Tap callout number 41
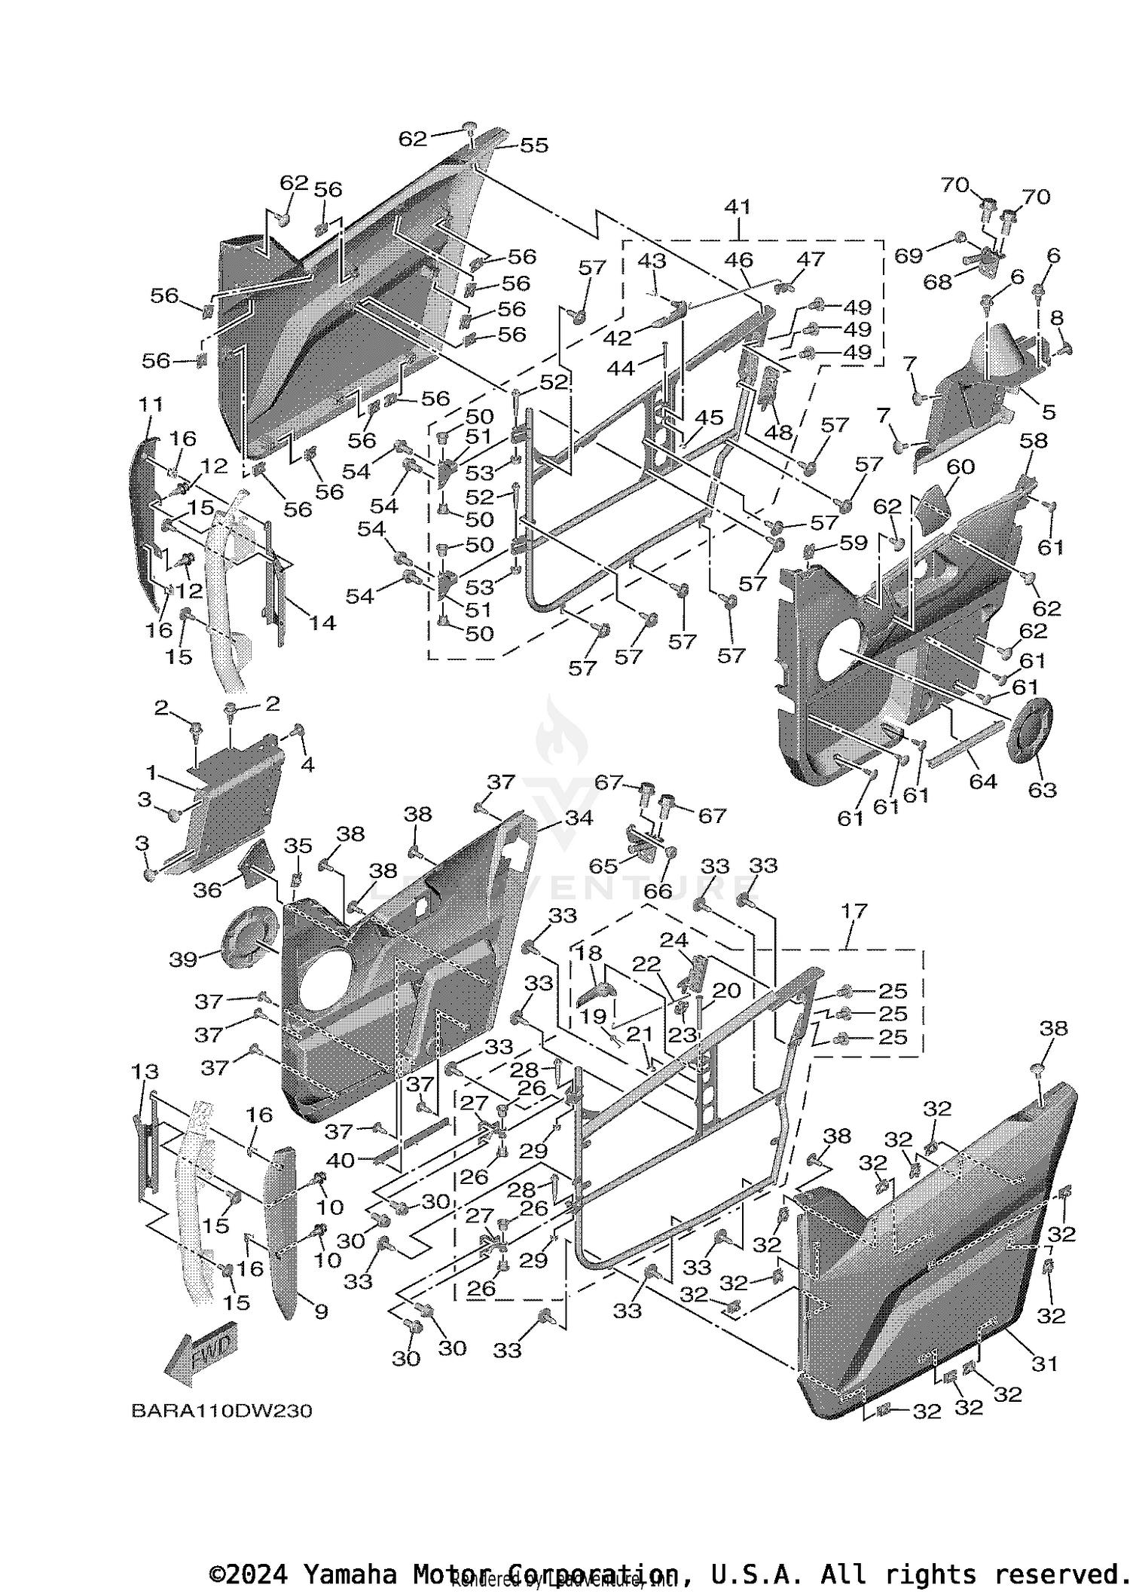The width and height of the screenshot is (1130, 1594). pyautogui.click(x=738, y=207)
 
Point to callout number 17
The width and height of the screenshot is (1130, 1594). pyautogui.click(x=856, y=911)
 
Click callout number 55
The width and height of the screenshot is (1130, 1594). pyautogui.click(x=533, y=145)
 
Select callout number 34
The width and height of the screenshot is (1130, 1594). pyautogui.click(x=579, y=818)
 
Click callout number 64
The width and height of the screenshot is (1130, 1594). pyautogui.click(x=982, y=782)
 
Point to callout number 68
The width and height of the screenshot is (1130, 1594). pyautogui.click(x=938, y=281)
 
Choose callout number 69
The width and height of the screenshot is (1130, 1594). pyautogui.click(x=908, y=255)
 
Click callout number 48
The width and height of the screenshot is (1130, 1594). pyautogui.click(x=778, y=433)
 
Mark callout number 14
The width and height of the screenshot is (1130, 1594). pyautogui.click(x=322, y=623)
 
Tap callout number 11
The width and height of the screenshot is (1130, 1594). pyautogui.click(x=151, y=404)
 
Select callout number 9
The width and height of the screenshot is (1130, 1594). pyautogui.click(x=321, y=1311)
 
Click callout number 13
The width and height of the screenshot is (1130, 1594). pyautogui.click(x=145, y=1071)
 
